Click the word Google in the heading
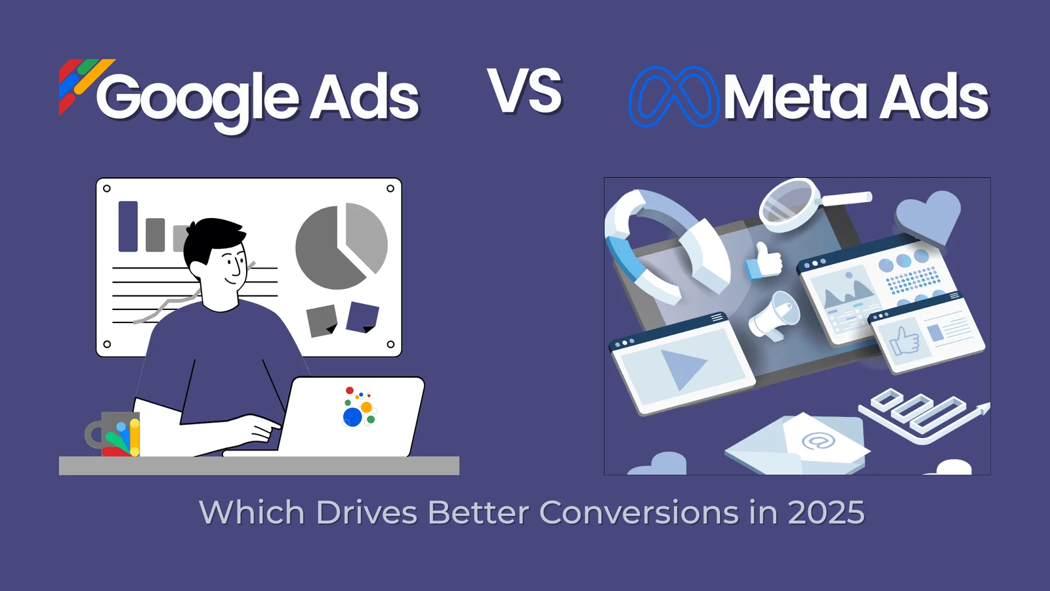pyautogui.click(x=198, y=101)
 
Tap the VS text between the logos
pyautogui.click(x=524, y=91)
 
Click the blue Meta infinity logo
pyautogui.click(x=673, y=97)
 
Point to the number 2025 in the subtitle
pyautogui.click(x=826, y=512)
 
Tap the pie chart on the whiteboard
pyautogui.click(x=341, y=246)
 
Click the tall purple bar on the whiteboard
pyautogui.click(x=128, y=227)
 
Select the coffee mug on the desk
pyautogui.click(x=113, y=434)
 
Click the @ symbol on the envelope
pyautogui.click(x=818, y=441)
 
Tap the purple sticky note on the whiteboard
pyautogui.click(x=362, y=318)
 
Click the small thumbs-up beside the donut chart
pyautogui.click(x=764, y=262)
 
